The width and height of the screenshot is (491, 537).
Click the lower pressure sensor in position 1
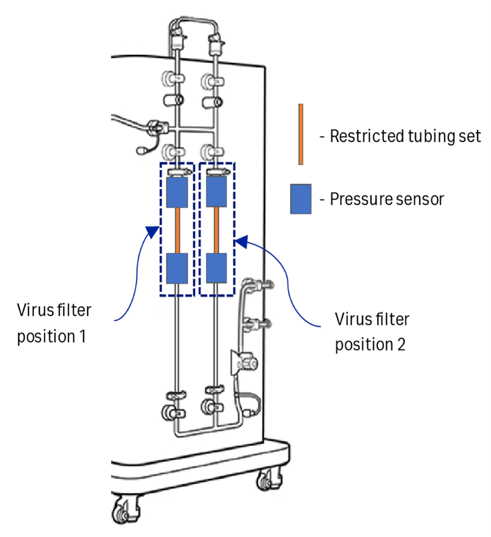click(x=177, y=268)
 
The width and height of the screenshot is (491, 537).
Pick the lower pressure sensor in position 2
click(x=216, y=268)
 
